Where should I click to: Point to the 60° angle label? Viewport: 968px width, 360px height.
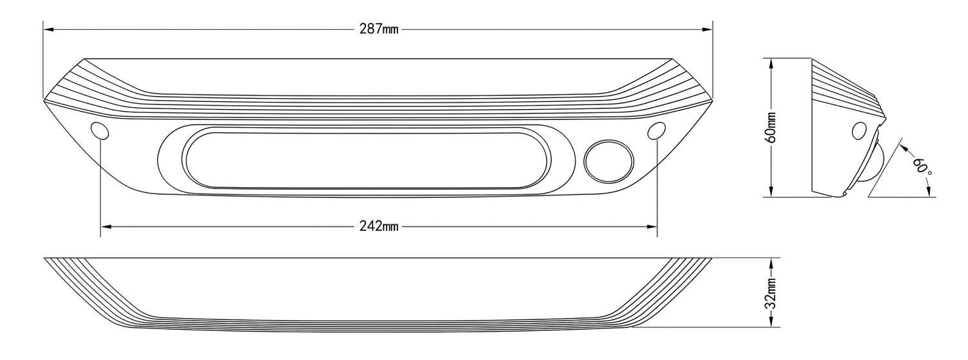tap(922, 163)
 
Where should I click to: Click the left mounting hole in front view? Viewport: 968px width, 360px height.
tap(101, 130)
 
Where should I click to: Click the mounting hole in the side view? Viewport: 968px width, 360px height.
tap(859, 131)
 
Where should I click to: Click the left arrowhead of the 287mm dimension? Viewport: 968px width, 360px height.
tap(48, 30)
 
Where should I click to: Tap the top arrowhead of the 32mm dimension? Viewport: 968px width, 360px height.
tap(772, 262)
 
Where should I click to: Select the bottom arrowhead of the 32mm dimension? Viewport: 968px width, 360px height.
tap(772, 323)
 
